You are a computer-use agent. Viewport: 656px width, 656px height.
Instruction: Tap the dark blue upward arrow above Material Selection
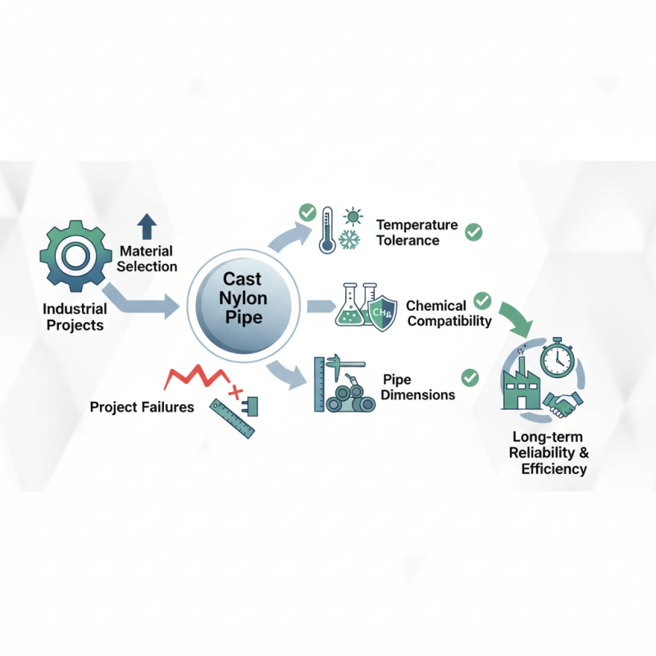click(147, 227)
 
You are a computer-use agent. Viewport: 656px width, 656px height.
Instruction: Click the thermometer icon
click(327, 229)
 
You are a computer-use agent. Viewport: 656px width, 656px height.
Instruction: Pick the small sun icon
click(354, 217)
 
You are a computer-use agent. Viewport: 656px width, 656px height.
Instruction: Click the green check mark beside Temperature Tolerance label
click(473, 232)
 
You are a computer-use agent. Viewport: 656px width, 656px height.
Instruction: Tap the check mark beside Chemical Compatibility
click(482, 300)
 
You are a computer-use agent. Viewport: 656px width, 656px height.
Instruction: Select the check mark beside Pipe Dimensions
click(470, 377)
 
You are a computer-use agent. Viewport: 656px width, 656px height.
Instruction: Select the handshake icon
click(564, 403)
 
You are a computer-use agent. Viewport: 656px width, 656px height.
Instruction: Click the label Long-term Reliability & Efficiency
click(549, 453)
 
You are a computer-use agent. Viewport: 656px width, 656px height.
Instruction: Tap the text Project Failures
click(142, 407)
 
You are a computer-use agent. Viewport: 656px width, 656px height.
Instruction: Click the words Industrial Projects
click(75, 317)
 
